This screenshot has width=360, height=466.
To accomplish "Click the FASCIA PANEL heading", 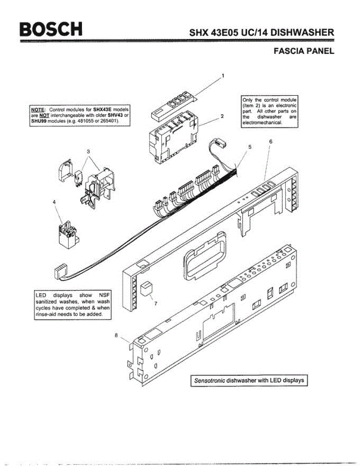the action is point(304,51).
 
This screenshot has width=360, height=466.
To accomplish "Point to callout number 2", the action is point(222,116).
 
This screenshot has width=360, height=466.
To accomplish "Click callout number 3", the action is point(89,151).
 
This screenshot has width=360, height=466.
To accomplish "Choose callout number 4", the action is point(54,202).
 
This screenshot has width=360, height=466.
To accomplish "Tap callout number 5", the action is point(250,147).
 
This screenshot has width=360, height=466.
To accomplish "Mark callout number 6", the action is point(270,142).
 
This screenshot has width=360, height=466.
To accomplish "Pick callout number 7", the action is point(155,304).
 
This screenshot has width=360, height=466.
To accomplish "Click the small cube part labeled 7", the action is point(146,289).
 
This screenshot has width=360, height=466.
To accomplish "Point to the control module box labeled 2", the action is point(173,138).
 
